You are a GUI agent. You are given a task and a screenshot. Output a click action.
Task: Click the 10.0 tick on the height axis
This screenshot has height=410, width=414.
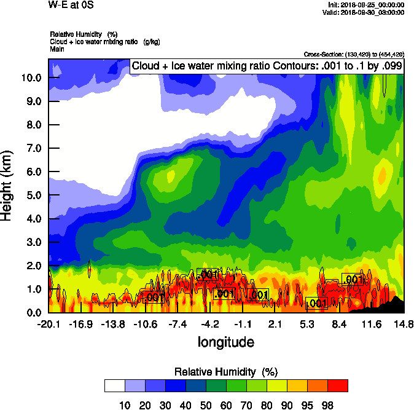32,77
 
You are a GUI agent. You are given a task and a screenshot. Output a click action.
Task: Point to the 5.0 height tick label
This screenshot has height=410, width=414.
32,195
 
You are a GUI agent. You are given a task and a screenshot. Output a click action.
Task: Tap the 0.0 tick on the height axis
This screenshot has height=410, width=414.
32,313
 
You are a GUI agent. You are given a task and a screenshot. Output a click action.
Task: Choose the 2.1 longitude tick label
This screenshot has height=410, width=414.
275,324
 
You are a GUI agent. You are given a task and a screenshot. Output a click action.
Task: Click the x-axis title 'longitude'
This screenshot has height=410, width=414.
225,342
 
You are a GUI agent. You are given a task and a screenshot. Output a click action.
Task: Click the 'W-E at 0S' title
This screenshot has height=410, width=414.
68,5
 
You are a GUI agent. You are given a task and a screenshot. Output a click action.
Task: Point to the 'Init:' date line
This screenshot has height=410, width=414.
367,5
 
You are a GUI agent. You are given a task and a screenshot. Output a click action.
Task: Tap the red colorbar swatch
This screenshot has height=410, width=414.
338,386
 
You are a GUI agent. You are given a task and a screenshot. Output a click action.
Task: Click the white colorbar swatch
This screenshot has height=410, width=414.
114,386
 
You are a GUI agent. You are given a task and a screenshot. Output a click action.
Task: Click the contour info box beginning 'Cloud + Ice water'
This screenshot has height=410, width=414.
267,66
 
